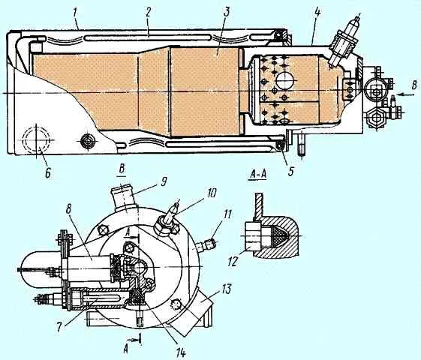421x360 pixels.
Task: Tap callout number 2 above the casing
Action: point(149,13)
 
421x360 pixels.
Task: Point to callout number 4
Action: point(317,13)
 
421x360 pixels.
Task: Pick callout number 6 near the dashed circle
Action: point(47,172)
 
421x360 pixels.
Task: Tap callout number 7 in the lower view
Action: point(60,326)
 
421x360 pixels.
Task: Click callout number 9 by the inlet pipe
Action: point(163,181)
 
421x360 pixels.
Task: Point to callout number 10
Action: point(211,193)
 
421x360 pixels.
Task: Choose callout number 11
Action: point(227,214)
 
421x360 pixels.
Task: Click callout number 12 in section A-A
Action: point(233,261)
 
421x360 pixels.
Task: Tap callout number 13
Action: point(226,289)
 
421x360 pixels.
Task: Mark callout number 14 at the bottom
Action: point(180,352)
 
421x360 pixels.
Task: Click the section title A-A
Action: point(257,174)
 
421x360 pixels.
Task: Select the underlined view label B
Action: point(122,170)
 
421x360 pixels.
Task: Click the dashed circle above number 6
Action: point(36,140)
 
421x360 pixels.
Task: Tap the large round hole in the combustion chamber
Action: point(284,80)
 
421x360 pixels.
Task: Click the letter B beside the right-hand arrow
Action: point(414,85)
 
